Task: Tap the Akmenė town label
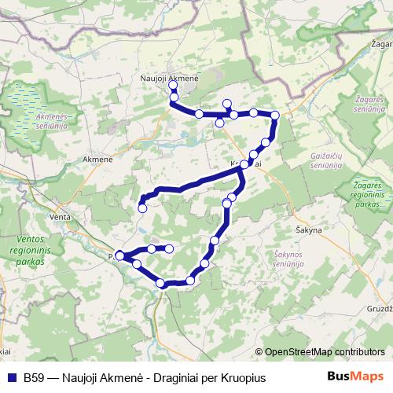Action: click(98, 159)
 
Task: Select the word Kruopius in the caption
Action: click(245, 377)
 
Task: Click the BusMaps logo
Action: click(354, 376)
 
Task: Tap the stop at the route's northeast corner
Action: click(275, 116)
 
